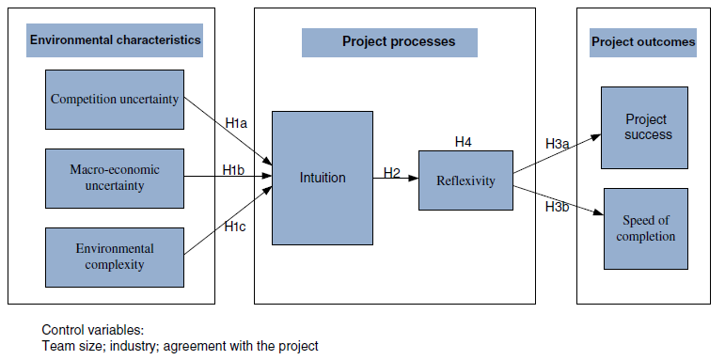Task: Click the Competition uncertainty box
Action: (115, 99)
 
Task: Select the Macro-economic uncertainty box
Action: (115, 178)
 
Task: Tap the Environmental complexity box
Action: (115, 256)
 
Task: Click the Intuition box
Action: (323, 178)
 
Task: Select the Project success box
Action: (648, 127)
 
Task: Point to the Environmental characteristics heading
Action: (116, 40)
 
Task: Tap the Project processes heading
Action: (398, 42)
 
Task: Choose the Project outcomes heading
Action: (643, 42)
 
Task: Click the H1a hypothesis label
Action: (236, 122)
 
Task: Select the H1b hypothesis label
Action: (234, 169)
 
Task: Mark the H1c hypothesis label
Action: (235, 226)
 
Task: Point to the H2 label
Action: (392, 173)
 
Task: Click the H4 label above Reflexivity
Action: (463, 142)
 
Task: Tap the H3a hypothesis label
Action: (557, 144)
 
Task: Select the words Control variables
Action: (92, 330)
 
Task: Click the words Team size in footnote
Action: (69, 346)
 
